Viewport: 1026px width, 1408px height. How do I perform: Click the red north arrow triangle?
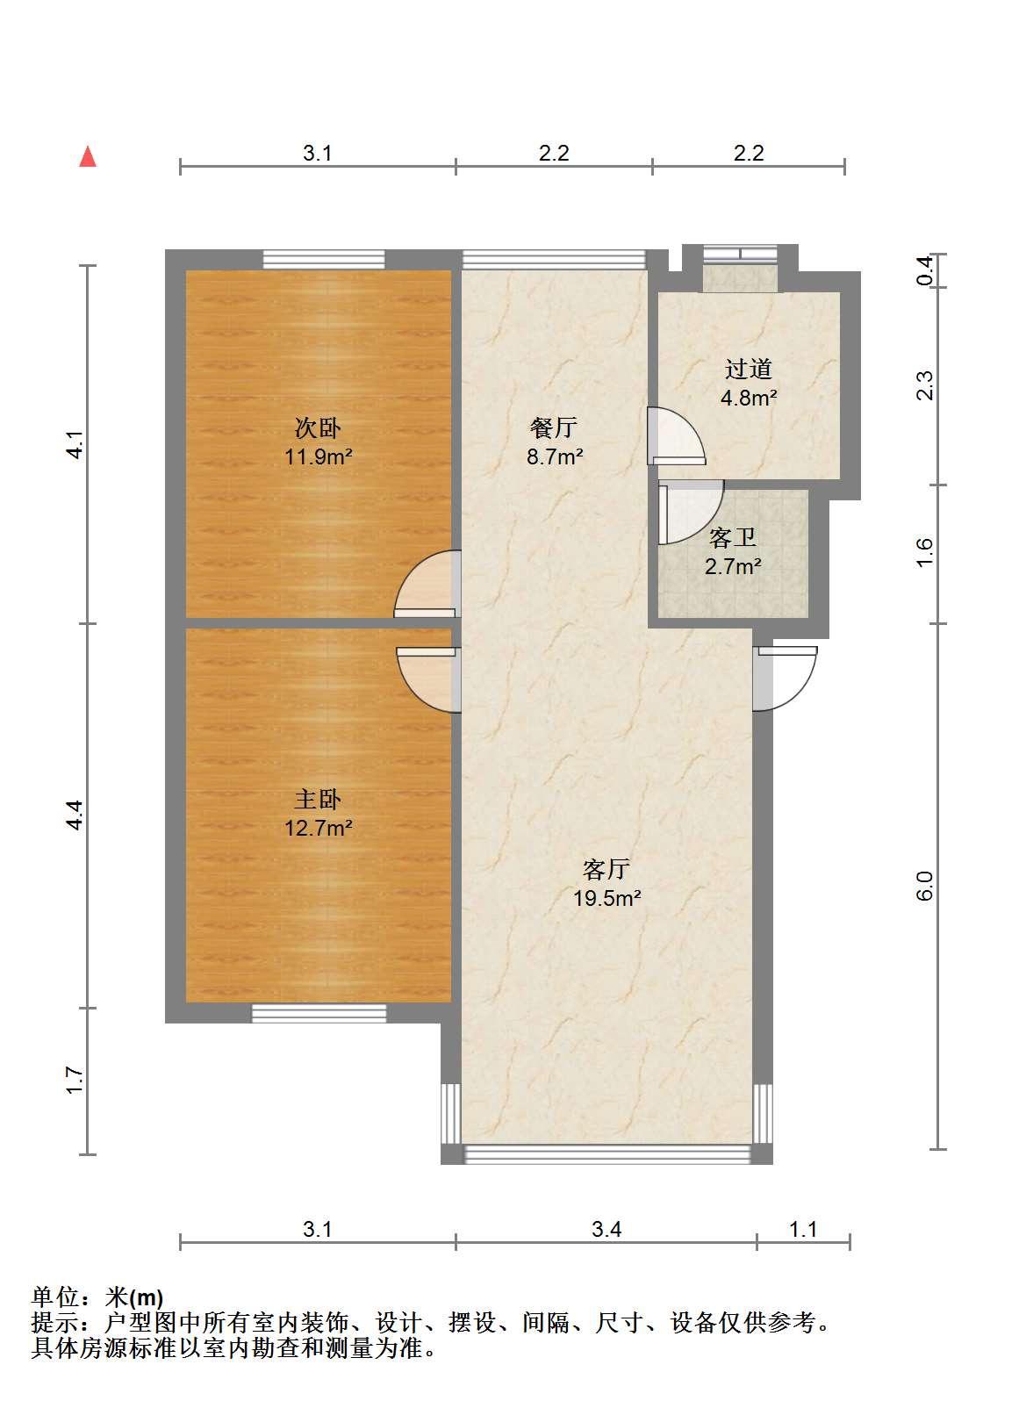pos(88,157)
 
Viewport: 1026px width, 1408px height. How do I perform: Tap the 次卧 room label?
pos(318,428)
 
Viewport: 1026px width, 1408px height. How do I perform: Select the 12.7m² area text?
pos(318,828)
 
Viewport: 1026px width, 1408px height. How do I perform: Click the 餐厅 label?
pos(554,428)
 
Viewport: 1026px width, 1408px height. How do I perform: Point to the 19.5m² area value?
pos(606,898)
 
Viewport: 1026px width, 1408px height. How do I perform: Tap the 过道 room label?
pos(749,369)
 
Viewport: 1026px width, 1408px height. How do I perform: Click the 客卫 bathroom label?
pos(733,538)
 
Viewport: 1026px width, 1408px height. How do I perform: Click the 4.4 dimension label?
pos(75,815)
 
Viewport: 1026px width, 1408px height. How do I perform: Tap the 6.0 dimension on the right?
pos(925,887)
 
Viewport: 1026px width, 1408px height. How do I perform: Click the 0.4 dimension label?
pos(925,271)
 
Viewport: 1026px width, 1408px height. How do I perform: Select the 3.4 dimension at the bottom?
pos(606,1229)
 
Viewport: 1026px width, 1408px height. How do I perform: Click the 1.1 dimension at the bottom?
pos(802,1229)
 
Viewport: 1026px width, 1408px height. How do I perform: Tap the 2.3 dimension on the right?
pos(925,385)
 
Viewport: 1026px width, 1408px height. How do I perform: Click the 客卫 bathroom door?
pos(691,513)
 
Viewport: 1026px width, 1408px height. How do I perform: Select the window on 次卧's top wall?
pos(323,260)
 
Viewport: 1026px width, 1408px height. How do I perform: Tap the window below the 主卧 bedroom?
pos(319,1013)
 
